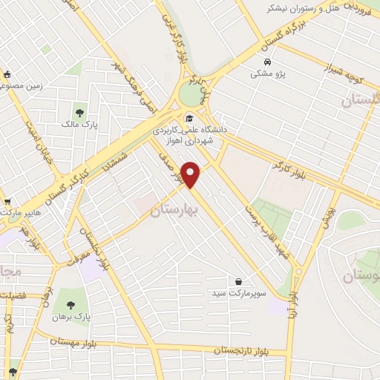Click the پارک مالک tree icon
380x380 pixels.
(79, 113)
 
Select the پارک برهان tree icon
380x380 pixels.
(70, 304)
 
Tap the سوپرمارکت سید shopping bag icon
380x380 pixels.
(238, 282)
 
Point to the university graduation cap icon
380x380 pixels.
(189, 117)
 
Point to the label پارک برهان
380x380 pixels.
(70, 317)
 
